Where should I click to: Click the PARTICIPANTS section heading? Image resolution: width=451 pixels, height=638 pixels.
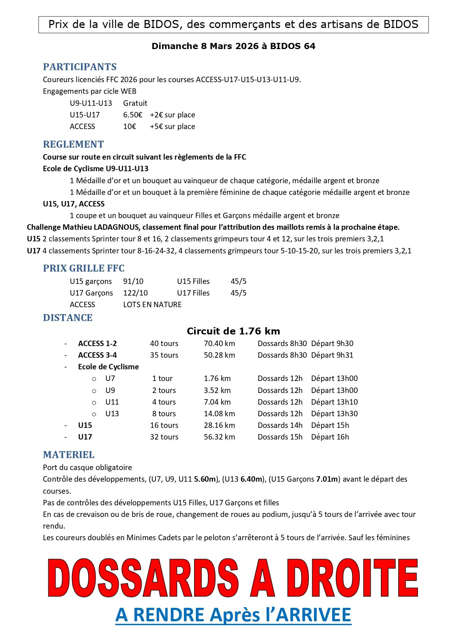80,67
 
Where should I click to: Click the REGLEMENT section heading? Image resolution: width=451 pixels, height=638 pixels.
73,144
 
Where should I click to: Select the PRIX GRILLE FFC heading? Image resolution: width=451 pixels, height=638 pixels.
84,268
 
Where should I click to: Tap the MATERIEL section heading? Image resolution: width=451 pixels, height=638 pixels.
68,455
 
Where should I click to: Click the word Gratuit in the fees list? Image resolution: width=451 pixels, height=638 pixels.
135,103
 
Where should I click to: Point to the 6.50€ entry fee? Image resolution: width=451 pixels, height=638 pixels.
133,115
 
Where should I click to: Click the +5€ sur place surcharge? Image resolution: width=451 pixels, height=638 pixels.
172,127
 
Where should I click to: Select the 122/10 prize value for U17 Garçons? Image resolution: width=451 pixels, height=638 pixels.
135,293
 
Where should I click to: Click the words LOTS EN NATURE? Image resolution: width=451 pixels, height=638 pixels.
152,305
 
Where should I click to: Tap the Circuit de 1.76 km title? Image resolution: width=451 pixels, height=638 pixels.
233,331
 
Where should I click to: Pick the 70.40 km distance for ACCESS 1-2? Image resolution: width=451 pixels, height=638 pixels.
219,344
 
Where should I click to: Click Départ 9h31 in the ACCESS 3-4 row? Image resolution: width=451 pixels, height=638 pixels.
332,355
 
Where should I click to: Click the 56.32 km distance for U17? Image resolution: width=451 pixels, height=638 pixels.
219,437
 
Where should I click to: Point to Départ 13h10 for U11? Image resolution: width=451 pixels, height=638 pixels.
334,402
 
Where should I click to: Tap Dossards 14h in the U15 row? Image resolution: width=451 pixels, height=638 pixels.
280,425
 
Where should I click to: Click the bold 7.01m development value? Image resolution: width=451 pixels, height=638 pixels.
327,479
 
